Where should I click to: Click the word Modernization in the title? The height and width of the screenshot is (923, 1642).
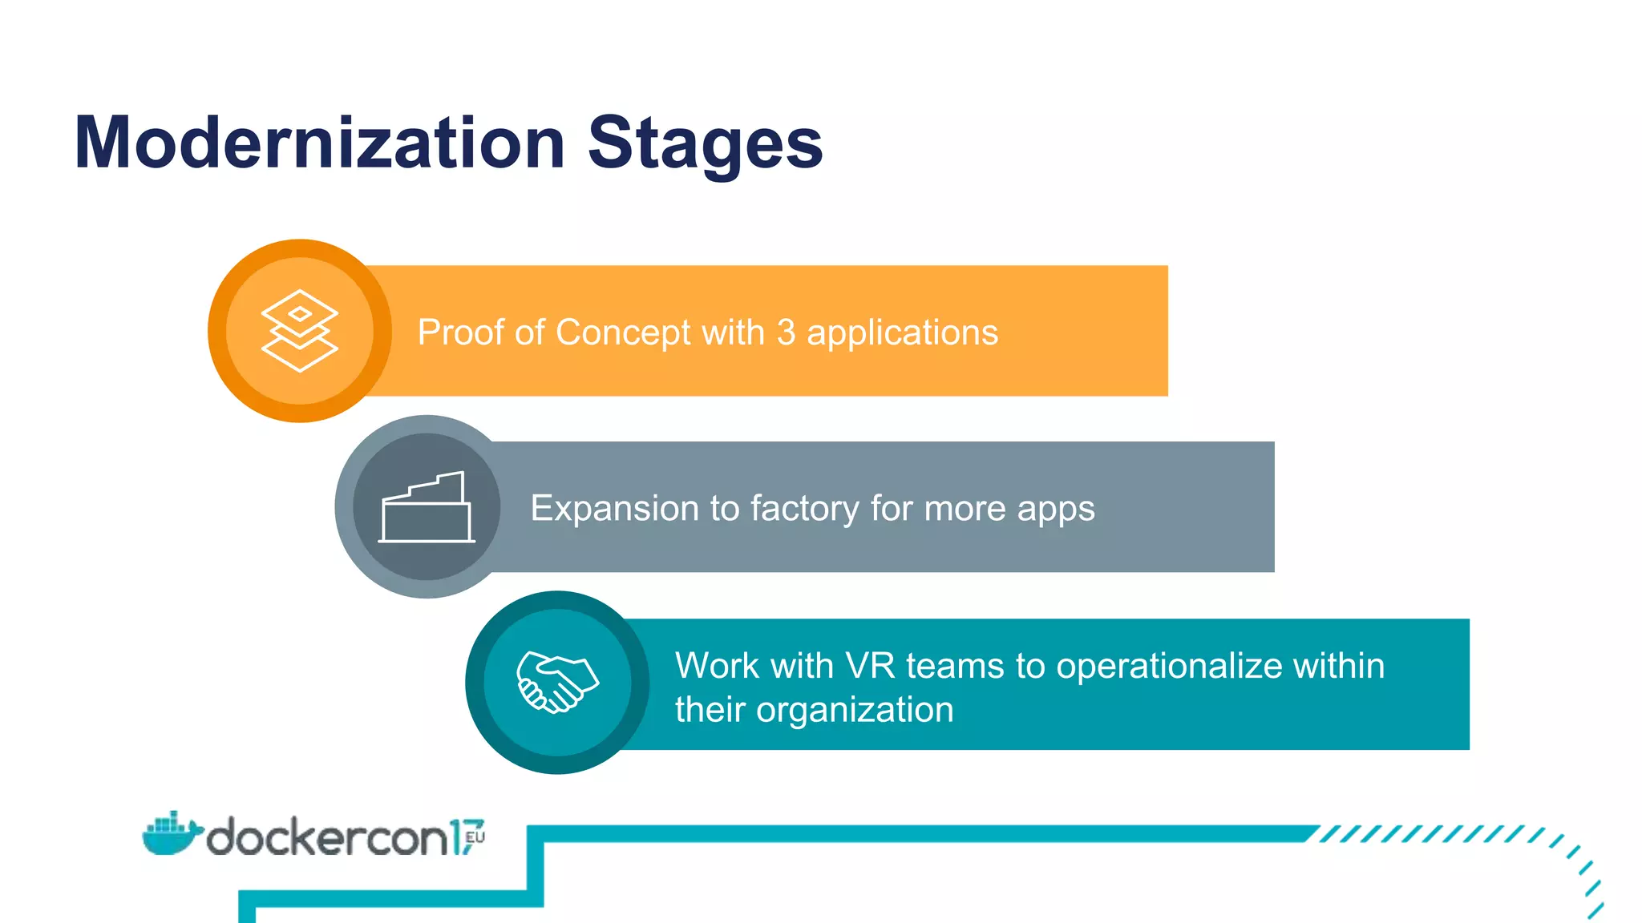pyautogui.click(x=319, y=143)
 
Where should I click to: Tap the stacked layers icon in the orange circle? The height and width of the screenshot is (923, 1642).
pyautogui.click(x=300, y=331)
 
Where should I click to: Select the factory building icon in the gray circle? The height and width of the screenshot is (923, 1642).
pyautogui.click(x=427, y=508)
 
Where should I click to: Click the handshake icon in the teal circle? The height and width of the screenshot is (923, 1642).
pyautogui.click(x=557, y=683)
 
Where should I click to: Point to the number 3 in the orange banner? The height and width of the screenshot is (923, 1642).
pyautogui.click(x=786, y=333)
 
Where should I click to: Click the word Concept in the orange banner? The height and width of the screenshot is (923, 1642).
pyautogui.click(x=623, y=333)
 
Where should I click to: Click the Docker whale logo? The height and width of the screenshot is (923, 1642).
pyautogui.click(x=169, y=835)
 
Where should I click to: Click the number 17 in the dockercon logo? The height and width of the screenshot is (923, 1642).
pyautogui.click(x=463, y=837)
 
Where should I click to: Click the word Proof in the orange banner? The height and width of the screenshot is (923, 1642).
pyautogui.click(x=461, y=333)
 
